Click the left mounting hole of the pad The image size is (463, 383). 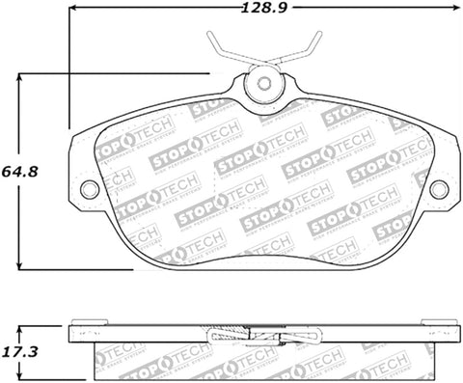click(x=89, y=188)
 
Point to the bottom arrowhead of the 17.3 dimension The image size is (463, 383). click(x=20, y=376)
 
